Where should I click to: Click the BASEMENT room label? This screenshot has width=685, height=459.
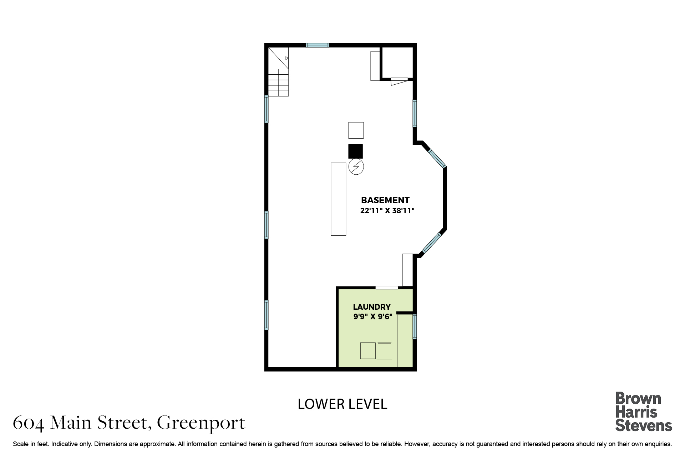[385, 200]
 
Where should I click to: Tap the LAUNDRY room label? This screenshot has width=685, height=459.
[372, 307]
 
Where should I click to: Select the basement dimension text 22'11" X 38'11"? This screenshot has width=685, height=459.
[387, 211]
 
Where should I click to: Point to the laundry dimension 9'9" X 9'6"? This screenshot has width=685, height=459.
[373, 316]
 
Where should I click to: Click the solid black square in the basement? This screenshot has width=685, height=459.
[356, 151]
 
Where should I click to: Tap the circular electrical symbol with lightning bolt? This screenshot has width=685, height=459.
[356, 167]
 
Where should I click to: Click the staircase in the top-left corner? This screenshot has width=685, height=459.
[278, 72]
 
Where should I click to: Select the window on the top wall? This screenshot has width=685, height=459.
[317, 45]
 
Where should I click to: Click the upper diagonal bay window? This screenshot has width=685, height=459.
[437, 159]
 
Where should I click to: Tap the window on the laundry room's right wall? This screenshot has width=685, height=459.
[415, 326]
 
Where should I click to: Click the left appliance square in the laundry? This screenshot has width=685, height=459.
[368, 351]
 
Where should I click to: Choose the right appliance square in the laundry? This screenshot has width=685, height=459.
[384, 351]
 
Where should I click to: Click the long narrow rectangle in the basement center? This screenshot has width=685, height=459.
[339, 199]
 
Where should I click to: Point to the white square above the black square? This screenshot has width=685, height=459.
[356, 130]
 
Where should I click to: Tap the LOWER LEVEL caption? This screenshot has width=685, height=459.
[342, 404]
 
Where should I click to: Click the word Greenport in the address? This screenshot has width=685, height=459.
[201, 423]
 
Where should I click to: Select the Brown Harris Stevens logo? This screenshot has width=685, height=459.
[644, 412]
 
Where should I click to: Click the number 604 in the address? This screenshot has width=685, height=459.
[29, 423]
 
